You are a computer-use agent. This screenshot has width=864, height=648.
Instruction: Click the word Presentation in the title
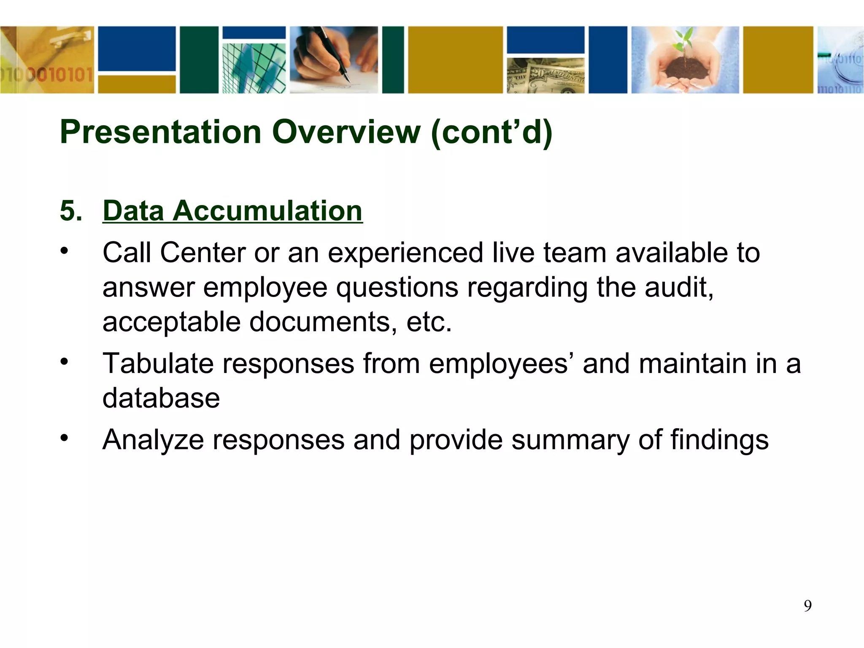(161, 132)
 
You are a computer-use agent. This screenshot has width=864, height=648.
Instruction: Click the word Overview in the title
(346, 132)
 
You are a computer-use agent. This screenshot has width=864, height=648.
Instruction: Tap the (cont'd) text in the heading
(491, 132)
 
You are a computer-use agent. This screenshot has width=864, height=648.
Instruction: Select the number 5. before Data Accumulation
(71, 211)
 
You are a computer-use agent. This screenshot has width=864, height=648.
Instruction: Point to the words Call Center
(174, 253)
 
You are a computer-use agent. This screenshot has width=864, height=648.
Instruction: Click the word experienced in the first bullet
(405, 254)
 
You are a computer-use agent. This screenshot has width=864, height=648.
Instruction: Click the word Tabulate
(158, 363)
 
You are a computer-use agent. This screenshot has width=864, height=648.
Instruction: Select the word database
(161, 398)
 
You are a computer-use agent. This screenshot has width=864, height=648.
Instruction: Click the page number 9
(807, 606)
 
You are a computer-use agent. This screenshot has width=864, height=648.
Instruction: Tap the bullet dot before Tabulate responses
(64, 362)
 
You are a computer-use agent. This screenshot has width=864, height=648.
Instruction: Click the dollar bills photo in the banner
(545, 75)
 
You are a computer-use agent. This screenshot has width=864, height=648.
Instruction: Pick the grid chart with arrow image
(254, 67)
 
